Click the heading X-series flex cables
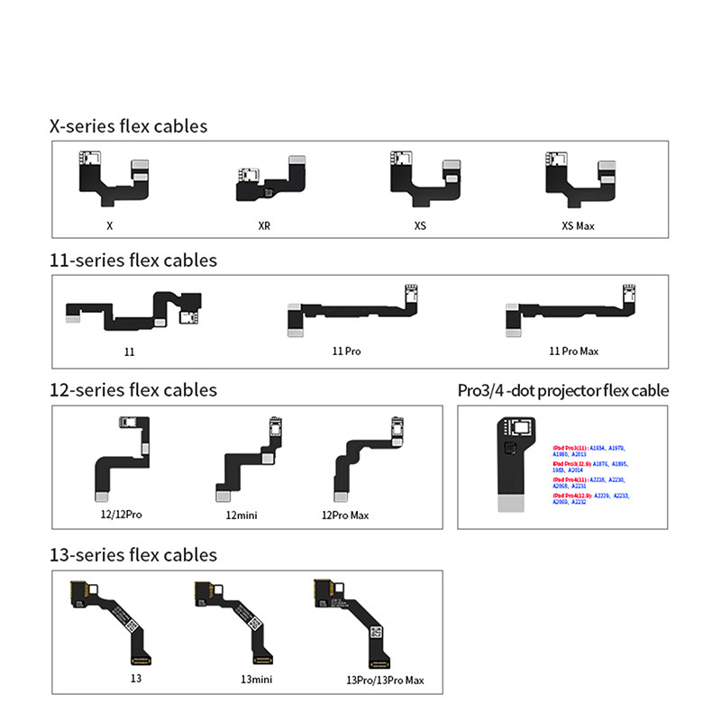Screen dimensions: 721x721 [128, 126]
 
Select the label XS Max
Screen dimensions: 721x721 [571, 225]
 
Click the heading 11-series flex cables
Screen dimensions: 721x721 [133, 260]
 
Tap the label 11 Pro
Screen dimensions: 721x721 [346, 351]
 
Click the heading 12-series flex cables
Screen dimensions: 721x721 [133, 390]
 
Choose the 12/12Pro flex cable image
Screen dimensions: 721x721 [121, 460]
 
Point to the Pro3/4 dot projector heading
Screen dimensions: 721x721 [563, 391]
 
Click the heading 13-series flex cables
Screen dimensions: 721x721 [133, 554]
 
